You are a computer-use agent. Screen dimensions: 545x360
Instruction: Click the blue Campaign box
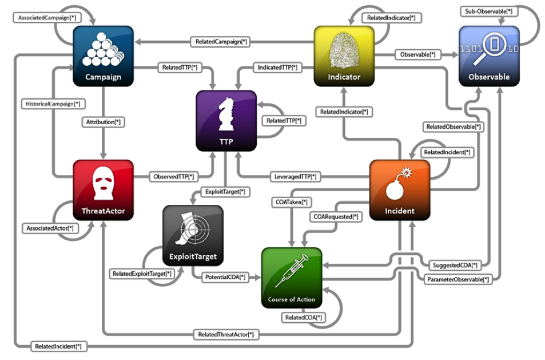click(104, 56)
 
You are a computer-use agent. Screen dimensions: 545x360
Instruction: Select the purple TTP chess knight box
click(226, 121)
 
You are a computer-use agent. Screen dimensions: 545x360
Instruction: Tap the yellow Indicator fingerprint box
click(344, 56)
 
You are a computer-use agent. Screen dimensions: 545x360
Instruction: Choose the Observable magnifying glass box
click(489, 56)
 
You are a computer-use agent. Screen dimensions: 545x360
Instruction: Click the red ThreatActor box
click(104, 190)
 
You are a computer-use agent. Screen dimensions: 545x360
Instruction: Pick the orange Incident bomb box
click(400, 190)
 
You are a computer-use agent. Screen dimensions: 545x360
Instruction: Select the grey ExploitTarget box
click(193, 235)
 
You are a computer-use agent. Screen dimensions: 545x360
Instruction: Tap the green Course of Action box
click(292, 278)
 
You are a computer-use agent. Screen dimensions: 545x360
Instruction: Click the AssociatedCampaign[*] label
click(47, 18)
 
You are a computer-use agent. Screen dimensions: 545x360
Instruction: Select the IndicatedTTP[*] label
click(277, 68)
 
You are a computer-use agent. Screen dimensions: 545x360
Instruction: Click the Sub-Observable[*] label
click(489, 11)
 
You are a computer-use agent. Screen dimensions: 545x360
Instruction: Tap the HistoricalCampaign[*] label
click(53, 104)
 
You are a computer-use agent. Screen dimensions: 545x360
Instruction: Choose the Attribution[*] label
click(104, 122)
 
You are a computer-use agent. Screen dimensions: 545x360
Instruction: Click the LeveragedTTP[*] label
click(296, 177)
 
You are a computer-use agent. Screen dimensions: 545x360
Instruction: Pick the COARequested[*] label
click(336, 217)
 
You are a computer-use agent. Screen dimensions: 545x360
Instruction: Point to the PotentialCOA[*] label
click(225, 277)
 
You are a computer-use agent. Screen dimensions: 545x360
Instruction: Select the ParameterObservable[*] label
click(458, 279)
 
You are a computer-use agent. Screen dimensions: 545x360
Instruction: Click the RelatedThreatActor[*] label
click(226, 335)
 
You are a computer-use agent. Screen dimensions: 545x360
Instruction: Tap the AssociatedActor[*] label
click(50, 228)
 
